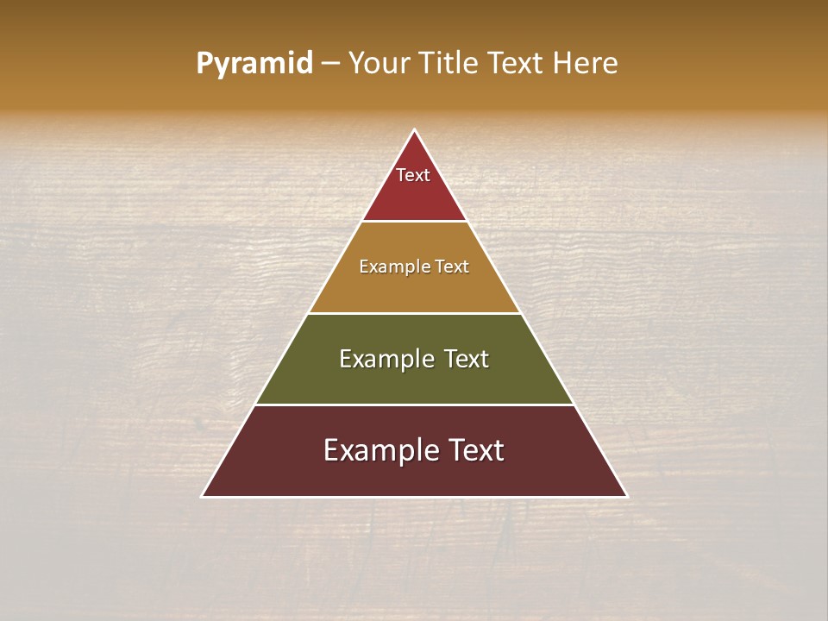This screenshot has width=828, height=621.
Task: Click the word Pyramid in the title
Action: click(254, 63)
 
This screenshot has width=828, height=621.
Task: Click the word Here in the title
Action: click(585, 63)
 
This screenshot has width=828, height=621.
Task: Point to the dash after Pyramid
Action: click(330, 64)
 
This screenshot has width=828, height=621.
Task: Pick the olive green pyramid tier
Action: click(414, 379)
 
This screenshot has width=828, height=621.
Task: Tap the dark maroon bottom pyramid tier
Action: click(414, 474)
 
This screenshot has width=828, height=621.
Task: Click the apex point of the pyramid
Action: click(414, 130)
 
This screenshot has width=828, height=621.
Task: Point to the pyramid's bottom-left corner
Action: click(203, 496)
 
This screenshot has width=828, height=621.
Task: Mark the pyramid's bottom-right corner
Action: click(626, 496)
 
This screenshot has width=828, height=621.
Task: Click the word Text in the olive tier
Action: click(466, 359)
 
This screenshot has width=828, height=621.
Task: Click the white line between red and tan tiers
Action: click(414, 222)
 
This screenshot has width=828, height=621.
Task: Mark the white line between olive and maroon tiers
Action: click(414, 405)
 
